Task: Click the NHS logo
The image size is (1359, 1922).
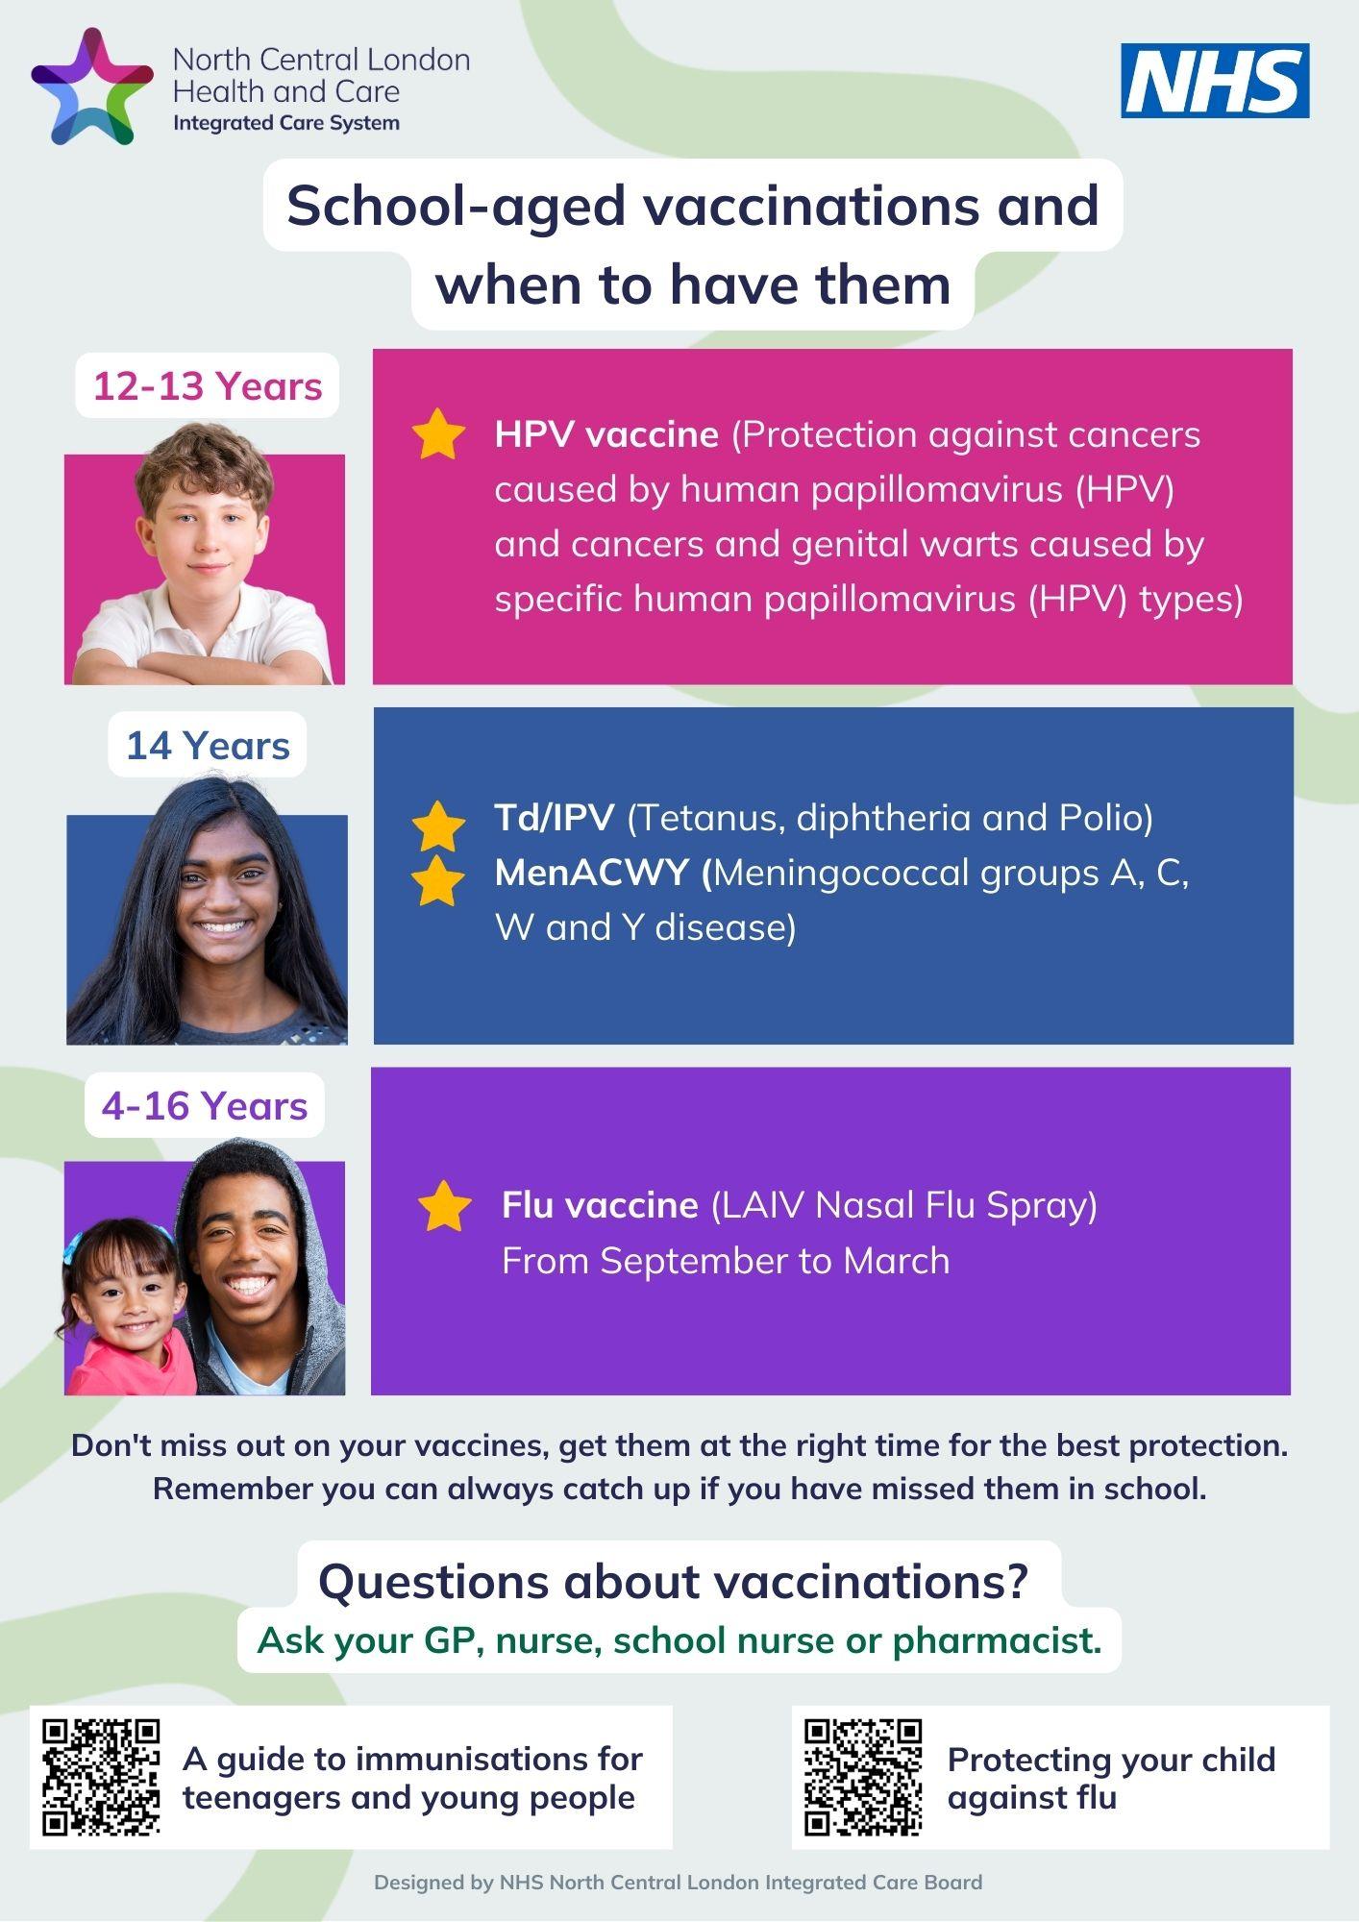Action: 1215,81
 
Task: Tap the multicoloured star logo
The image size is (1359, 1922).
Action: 92,86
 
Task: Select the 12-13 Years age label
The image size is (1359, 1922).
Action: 208,386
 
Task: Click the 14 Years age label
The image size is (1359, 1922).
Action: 208,746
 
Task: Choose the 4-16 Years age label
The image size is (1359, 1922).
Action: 205,1106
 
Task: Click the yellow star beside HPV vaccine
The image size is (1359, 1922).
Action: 438,434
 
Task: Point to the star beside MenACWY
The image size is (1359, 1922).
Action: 438,880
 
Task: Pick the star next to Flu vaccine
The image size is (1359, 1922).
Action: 445,1206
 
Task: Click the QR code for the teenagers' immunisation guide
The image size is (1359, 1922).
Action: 102,1778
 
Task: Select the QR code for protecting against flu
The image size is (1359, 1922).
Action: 863,1778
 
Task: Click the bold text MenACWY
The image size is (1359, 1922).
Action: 592,873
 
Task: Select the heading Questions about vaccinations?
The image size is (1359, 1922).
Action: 673,1582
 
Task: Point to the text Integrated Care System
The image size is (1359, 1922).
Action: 286,123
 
